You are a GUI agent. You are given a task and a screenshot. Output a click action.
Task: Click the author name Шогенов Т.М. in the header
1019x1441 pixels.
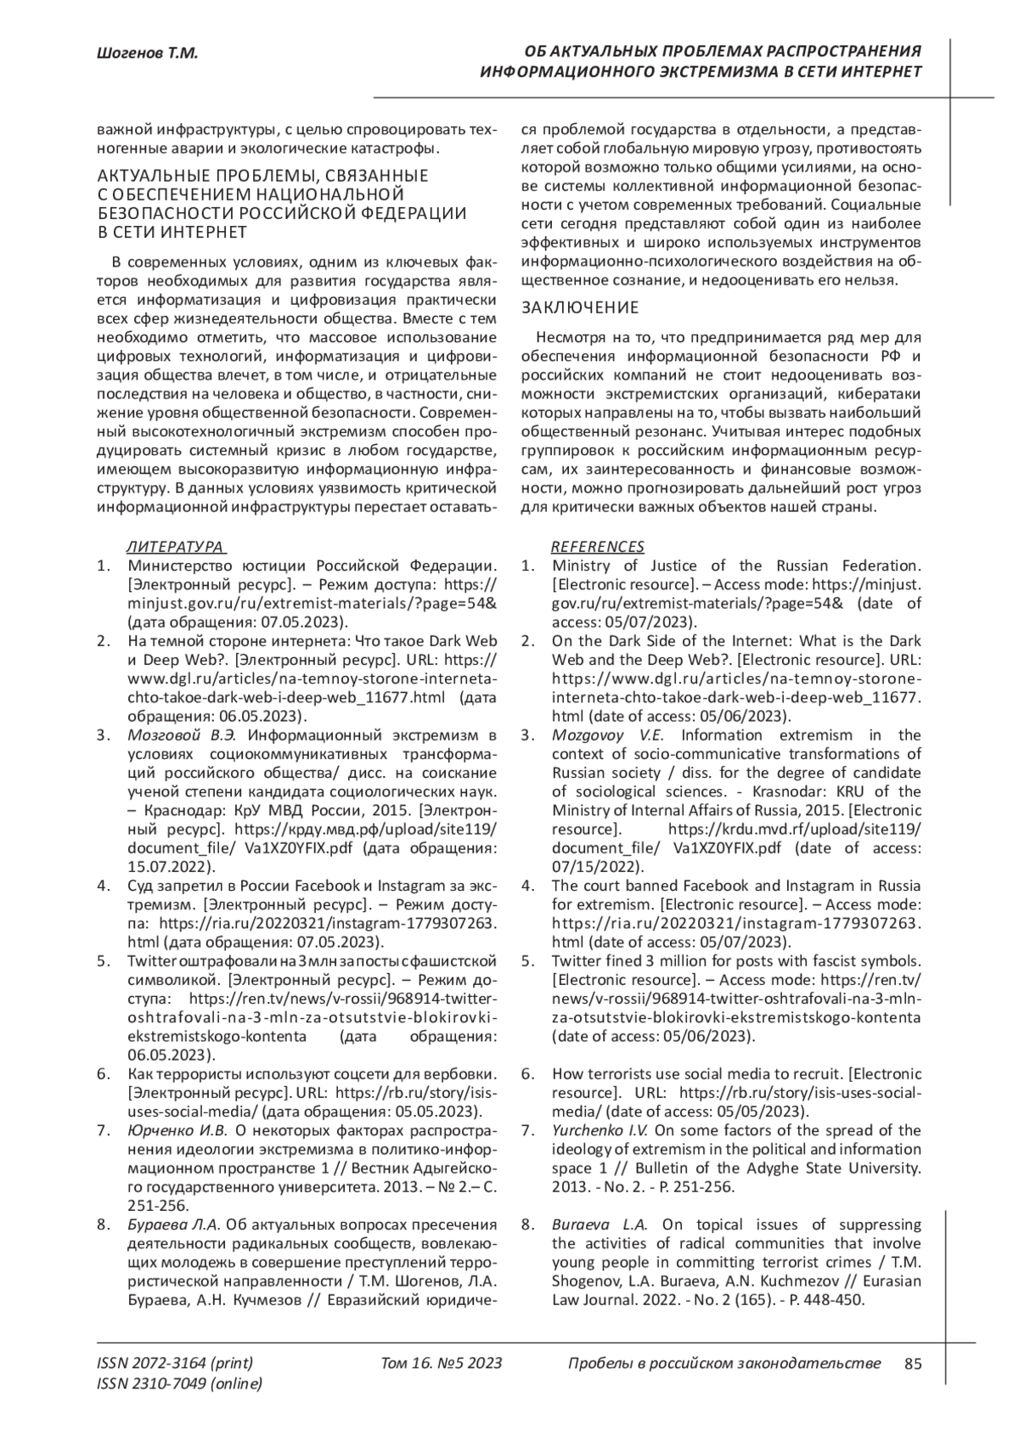pyautogui.click(x=147, y=53)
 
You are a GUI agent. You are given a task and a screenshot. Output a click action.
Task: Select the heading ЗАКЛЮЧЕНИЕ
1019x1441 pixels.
pyautogui.click(x=579, y=307)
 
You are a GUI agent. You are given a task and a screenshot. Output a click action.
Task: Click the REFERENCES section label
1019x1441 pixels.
pyautogui.click(x=598, y=546)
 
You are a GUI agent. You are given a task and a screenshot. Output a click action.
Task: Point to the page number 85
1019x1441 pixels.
pyautogui.click(x=914, y=1364)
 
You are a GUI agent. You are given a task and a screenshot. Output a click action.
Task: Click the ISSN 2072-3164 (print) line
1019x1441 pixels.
pyautogui.click(x=175, y=1364)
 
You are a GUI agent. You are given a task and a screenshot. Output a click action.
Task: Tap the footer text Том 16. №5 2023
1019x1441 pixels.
pyautogui.click(x=442, y=1364)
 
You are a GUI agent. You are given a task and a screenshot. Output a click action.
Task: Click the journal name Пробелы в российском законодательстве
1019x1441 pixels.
pyautogui.click(x=724, y=1364)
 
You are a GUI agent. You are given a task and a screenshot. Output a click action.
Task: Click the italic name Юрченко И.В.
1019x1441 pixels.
pyautogui.click(x=177, y=1129)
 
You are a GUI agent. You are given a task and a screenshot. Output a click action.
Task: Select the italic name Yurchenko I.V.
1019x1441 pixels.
pyautogui.click(x=600, y=1129)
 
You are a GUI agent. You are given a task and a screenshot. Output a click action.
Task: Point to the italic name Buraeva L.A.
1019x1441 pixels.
pyautogui.click(x=600, y=1224)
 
